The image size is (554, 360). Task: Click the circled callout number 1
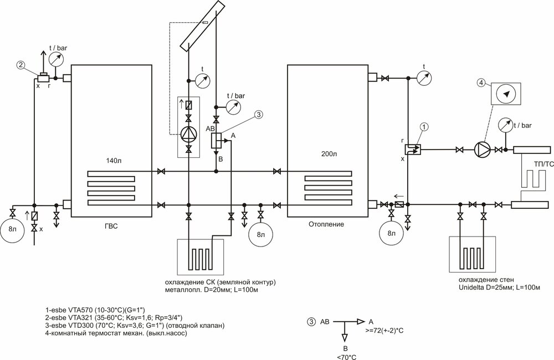425,126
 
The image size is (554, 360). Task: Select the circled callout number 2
21,65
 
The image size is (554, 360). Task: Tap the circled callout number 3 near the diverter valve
259,114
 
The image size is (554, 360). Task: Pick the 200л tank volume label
327,154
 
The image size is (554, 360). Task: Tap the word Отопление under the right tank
326,224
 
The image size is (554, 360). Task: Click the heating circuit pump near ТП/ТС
482,150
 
